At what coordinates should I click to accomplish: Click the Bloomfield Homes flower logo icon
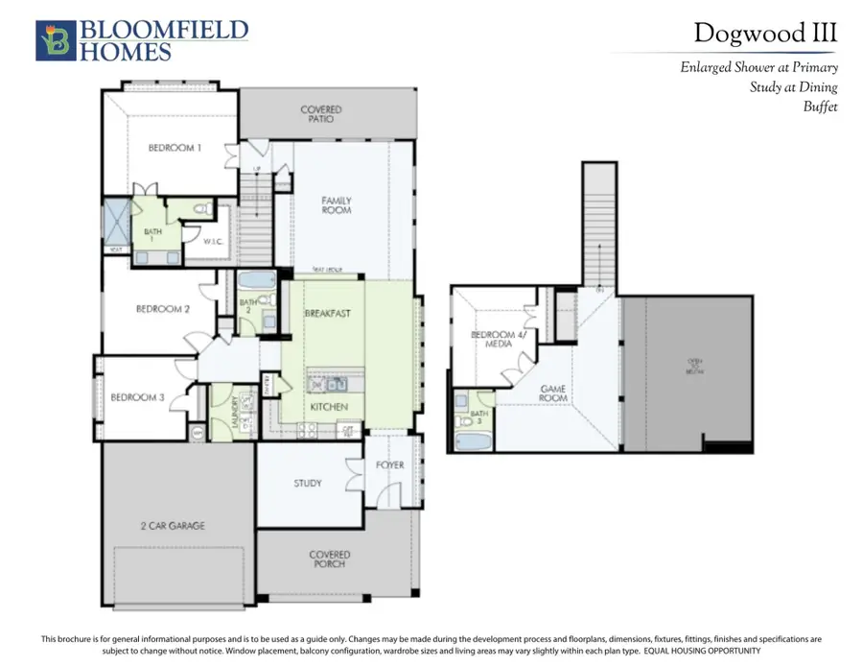(x=54, y=41)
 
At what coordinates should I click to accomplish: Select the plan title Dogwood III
(x=765, y=33)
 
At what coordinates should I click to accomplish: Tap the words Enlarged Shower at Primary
(x=758, y=67)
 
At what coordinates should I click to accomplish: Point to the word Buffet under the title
(x=820, y=107)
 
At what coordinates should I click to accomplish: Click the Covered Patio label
(x=320, y=115)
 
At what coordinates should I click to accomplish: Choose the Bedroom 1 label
(x=174, y=148)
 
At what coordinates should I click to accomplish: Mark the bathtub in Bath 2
(x=256, y=281)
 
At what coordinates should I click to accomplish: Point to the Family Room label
(x=336, y=205)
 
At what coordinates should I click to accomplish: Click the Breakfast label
(x=327, y=314)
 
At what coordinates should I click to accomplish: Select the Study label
(x=308, y=484)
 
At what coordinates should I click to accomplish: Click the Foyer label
(x=389, y=465)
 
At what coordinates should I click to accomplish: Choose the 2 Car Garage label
(x=174, y=526)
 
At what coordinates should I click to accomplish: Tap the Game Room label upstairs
(x=553, y=393)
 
